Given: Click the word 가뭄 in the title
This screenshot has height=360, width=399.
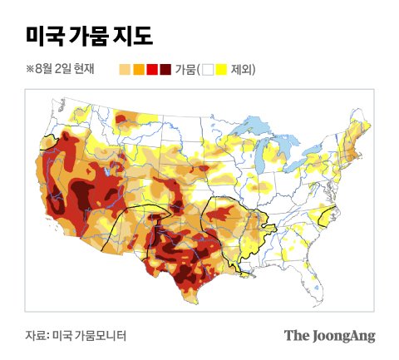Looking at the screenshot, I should [89, 36].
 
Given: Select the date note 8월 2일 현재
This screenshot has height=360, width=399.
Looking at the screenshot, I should [63, 70].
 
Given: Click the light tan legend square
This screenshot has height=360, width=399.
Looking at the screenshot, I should [126, 70].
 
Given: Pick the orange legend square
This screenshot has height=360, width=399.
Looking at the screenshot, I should [139, 70].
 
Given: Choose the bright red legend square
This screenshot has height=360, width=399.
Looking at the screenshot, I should [152, 70].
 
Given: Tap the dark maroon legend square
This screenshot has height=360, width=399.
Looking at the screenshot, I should [165, 70].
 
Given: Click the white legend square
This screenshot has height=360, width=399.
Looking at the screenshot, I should [209, 70].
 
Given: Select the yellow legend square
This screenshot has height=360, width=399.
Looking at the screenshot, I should [222, 70].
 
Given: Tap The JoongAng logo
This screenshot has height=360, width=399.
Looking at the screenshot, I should [329, 336].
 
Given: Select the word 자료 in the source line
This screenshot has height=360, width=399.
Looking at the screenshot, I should [35, 336].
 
